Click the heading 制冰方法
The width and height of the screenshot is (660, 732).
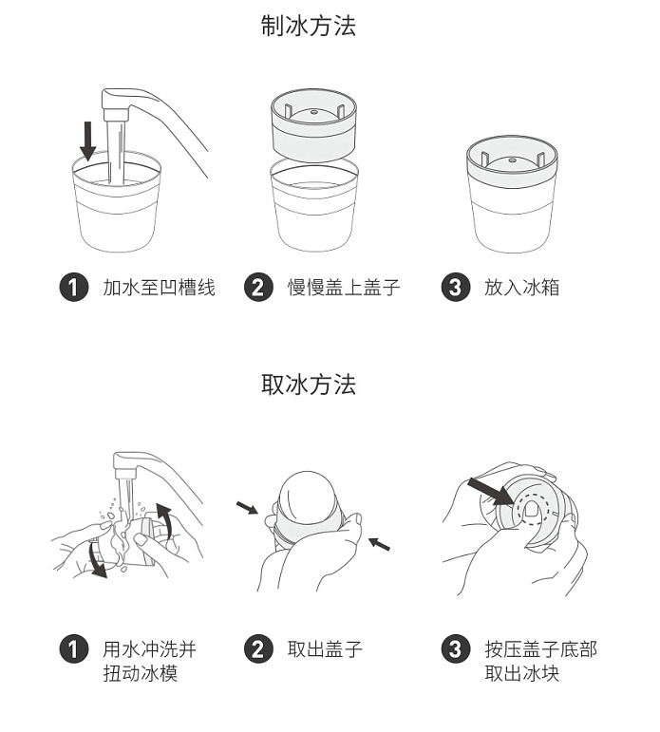tap(308, 27)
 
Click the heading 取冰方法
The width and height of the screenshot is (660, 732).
tap(308, 385)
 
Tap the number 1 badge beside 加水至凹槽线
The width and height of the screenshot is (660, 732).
tap(74, 287)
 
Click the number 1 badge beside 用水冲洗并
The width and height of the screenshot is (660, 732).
tap(74, 650)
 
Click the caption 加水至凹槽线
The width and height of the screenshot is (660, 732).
tap(159, 287)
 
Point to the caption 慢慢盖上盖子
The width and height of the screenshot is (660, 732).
tap(344, 287)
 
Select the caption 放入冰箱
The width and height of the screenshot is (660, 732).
tap(521, 287)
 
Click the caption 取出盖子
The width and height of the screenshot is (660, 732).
tap(325, 650)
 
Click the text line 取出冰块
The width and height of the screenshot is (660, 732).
tap(521, 674)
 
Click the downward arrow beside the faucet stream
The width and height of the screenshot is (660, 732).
tap(88, 140)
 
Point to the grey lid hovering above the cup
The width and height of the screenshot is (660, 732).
tap(313, 123)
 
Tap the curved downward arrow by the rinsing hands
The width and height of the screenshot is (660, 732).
tap(95, 559)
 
